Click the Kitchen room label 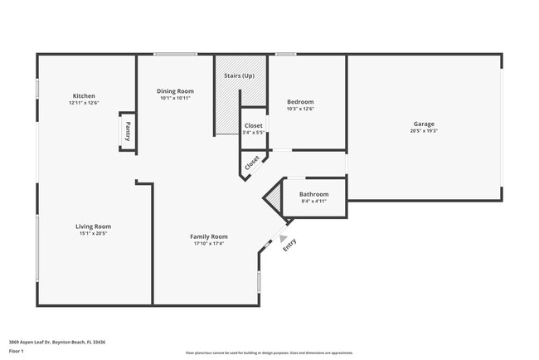[84, 95]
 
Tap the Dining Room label [175, 91]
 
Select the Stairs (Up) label [240, 76]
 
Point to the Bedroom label [299, 102]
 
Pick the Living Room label [93, 226]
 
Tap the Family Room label [209, 236]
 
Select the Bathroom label [313, 194]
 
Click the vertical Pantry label [128, 133]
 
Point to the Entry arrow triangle [283, 238]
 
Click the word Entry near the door [289, 246]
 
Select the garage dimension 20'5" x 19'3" [424, 131]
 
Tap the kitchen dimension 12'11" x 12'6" [84, 103]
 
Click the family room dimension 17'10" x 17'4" [209, 244]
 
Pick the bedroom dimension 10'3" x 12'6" [299, 109]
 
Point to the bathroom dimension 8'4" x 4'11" [313, 202]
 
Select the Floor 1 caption [17, 352]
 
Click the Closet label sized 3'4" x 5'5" [254, 126]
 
